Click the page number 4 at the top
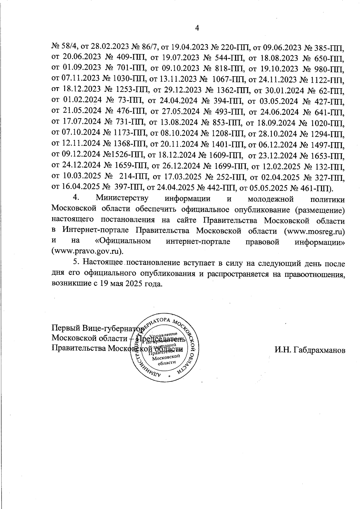(x=197, y=28)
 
